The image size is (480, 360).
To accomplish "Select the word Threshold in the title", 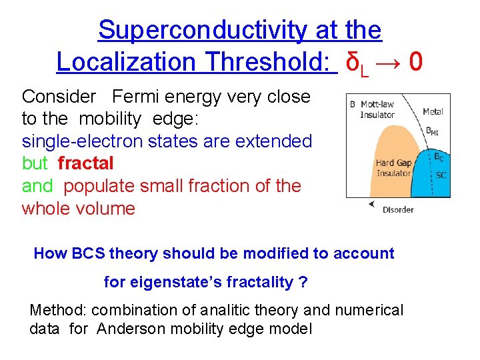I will click(267, 62).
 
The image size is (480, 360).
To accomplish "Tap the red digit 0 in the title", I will click(415, 62).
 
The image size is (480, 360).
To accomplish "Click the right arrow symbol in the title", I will click(387, 62).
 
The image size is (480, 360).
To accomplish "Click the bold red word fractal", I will click(85, 163).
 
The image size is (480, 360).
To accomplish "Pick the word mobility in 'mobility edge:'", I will click(110, 119).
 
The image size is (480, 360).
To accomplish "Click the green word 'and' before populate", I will click(37, 186).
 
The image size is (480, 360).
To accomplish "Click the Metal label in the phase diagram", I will click(433, 112).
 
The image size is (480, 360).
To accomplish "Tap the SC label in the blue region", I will click(441, 175).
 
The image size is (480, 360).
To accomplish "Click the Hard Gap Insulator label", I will click(393, 168).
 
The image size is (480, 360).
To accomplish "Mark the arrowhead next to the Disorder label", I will click(371, 205).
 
